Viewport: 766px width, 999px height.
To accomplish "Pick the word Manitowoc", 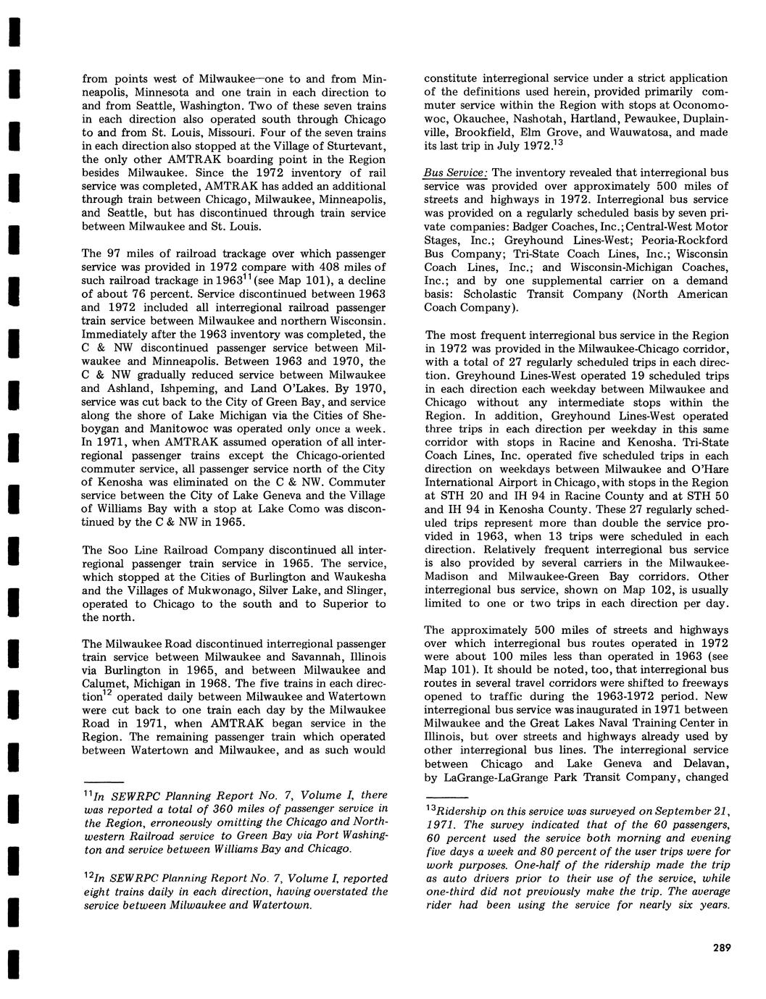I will [146, 428].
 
